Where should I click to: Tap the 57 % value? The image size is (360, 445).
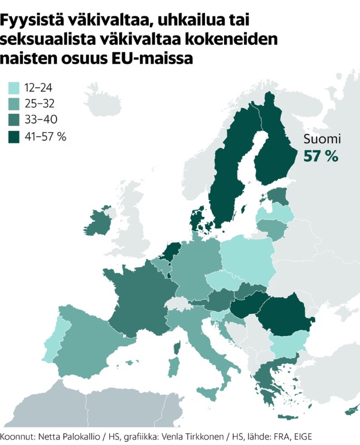point(321,157)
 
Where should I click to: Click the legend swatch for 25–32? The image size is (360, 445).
point(14,103)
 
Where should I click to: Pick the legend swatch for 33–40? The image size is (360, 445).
point(14,119)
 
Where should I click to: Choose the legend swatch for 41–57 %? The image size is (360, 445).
point(14,136)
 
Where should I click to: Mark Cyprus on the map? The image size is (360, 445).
point(351,412)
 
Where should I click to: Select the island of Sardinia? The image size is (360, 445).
point(174,366)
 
